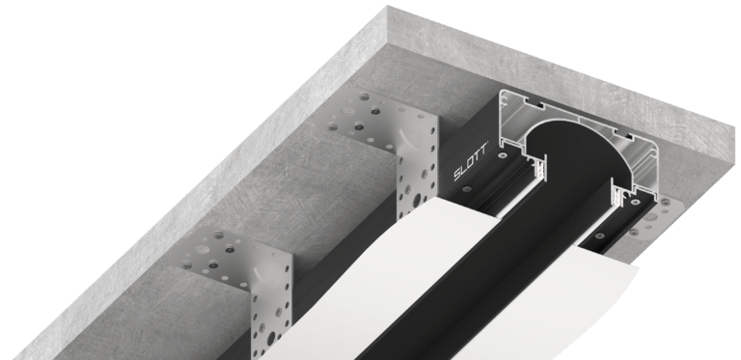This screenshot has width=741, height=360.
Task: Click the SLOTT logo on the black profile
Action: [x=471, y=167]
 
